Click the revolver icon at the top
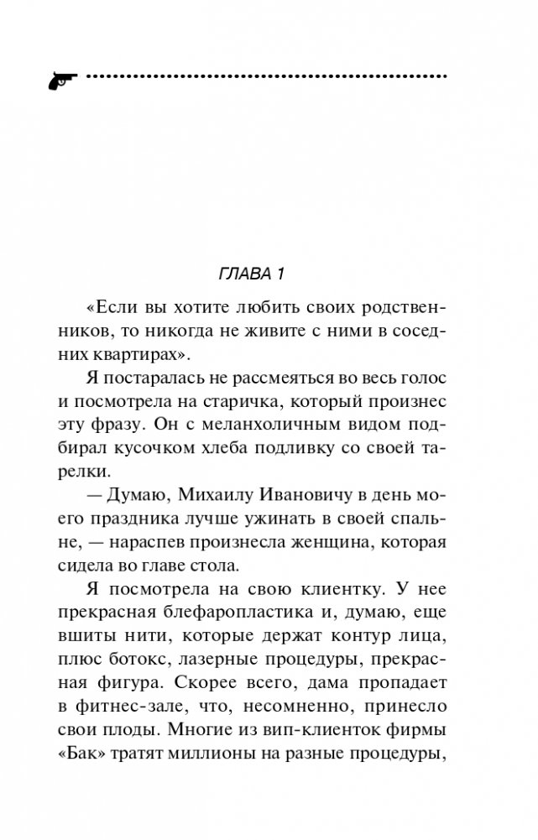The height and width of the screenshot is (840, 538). point(60,78)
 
